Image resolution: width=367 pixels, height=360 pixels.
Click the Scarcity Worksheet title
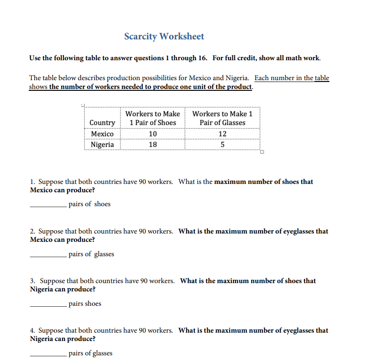pos(164,36)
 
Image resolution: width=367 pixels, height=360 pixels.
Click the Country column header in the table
pos(102,123)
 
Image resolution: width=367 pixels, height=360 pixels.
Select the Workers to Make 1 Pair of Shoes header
pos(152,118)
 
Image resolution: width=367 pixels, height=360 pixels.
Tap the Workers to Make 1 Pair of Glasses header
pos(222,118)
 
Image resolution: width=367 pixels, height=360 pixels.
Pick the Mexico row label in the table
pos(102,134)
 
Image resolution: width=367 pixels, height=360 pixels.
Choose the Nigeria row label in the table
pos(102,145)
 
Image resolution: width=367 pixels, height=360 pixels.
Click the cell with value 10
pos(152,134)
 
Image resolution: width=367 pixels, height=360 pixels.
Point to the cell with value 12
pos(222,134)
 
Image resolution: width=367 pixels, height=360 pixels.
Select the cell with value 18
pos(152,145)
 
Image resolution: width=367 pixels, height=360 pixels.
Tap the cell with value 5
pos(222,145)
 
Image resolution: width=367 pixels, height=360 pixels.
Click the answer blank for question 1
pos(48,205)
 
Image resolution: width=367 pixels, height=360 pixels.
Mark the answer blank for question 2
pos(48,254)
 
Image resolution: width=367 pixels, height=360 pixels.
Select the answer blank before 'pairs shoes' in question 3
pos(48,304)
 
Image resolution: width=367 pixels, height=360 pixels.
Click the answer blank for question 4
pos(48,354)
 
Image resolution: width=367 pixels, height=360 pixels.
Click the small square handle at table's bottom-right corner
pos(262,152)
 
